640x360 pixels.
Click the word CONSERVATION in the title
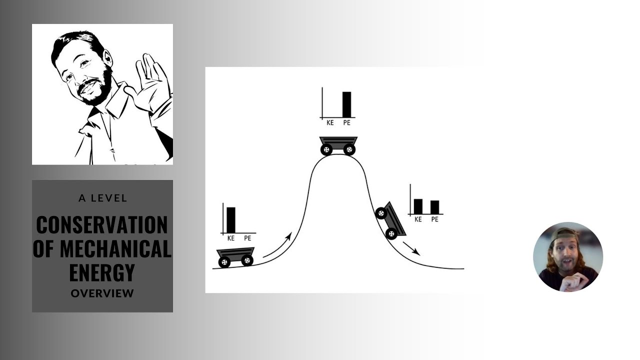tap(102, 225)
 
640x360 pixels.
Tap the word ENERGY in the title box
tap(102, 272)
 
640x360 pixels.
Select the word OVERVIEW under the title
tap(102, 293)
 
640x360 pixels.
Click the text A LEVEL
tap(102, 198)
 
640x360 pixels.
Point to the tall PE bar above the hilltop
tap(346, 104)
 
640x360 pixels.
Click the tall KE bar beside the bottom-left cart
tap(230, 220)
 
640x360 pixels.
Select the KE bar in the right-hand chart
tap(418, 206)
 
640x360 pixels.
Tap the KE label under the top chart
tap(330, 122)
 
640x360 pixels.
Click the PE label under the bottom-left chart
tap(247, 238)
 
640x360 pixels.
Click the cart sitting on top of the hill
tap(338, 144)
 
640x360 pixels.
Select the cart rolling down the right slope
tap(391, 220)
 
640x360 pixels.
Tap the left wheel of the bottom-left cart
tap(224, 261)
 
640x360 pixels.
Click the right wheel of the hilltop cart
tap(349, 149)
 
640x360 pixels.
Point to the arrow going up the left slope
tap(277, 245)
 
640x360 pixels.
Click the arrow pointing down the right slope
tap(411, 248)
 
